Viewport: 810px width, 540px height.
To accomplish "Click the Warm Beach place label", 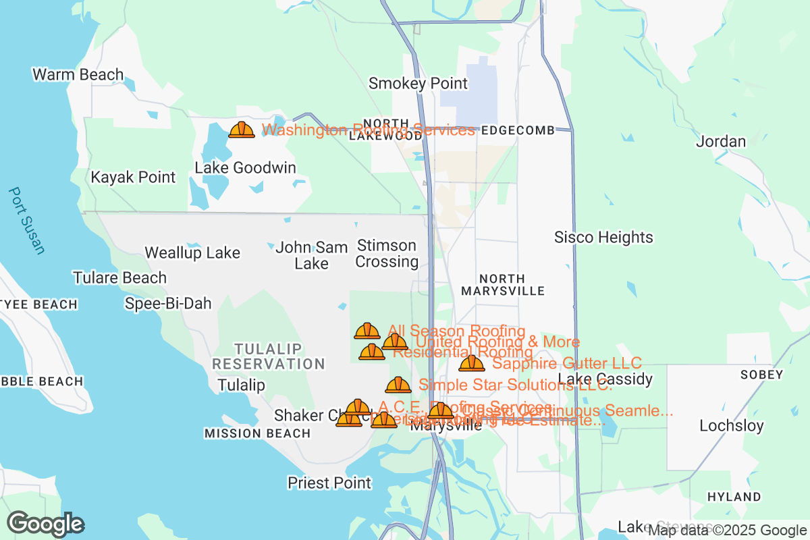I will tap(78, 74).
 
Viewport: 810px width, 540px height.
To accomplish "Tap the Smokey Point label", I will tap(418, 84).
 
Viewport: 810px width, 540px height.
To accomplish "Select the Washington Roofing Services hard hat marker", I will tap(241, 130).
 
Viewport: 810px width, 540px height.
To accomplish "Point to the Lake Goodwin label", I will tap(245, 167).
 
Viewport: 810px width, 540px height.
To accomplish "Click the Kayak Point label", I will tap(133, 178).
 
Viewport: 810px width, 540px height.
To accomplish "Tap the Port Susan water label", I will tap(26, 221).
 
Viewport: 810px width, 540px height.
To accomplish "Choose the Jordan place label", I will tap(721, 142).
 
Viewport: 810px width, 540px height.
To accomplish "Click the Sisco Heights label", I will tap(603, 238).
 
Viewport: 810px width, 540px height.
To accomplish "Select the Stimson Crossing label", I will tap(387, 253).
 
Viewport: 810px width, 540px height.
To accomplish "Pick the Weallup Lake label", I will tap(192, 253).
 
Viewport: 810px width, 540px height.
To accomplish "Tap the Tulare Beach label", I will tap(119, 277).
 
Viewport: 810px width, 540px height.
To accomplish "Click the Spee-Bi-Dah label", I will tap(168, 304).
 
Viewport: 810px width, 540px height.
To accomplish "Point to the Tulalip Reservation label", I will tap(269, 356).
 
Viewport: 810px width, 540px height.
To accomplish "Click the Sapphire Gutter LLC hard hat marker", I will tap(471, 364).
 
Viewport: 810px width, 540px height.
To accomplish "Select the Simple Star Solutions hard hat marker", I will tap(398, 385).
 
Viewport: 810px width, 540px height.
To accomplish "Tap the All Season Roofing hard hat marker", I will tap(367, 331).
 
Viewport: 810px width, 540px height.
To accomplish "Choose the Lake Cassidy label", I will tap(605, 379).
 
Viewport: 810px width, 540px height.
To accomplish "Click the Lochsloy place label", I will tap(732, 426).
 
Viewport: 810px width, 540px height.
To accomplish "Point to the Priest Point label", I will tap(329, 483).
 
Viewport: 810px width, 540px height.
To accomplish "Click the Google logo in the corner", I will tap(45, 524).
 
